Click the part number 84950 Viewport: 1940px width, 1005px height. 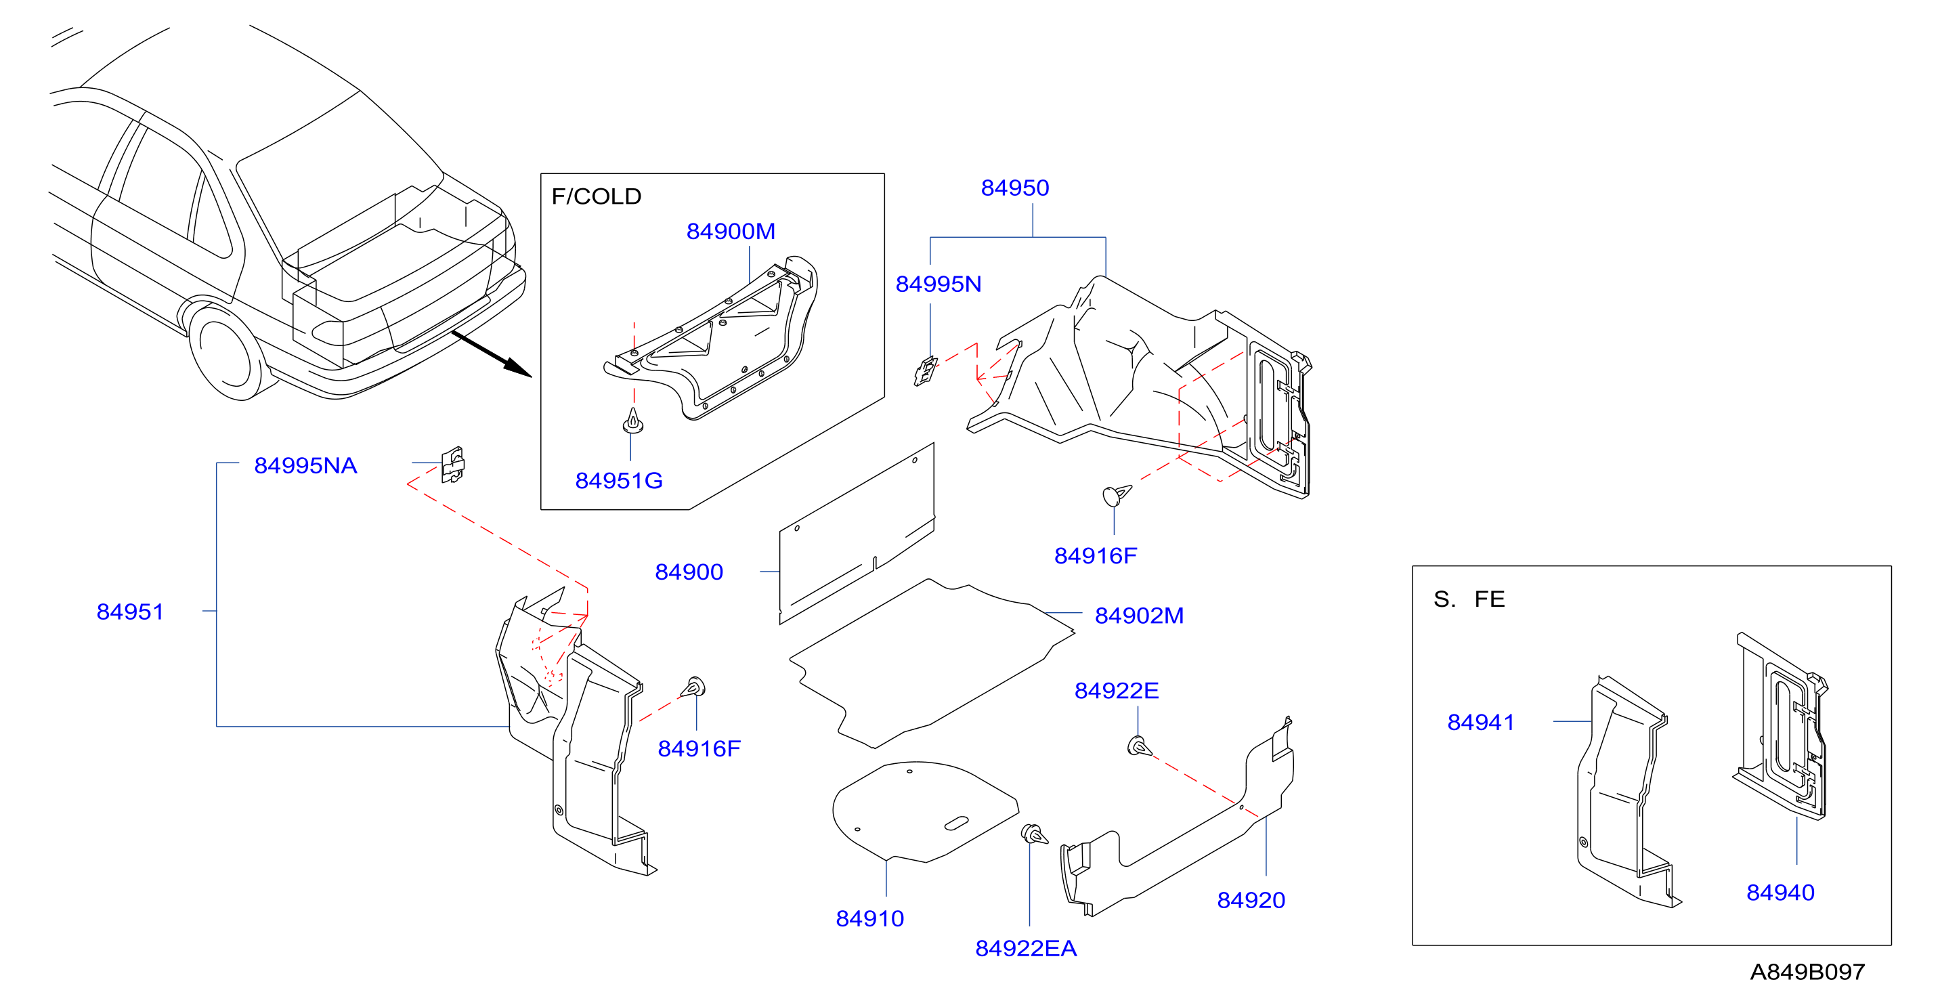(x=1014, y=188)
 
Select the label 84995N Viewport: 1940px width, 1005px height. (x=939, y=284)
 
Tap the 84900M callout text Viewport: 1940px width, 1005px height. (x=731, y=232)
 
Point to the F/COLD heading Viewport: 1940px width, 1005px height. (x=597, y=196)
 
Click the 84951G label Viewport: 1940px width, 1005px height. (x=619, y=481)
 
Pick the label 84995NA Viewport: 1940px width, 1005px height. (x=306, y=465)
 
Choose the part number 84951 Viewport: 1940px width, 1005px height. (x=130, y=612)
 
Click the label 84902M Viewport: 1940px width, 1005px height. (x=1140, y=616)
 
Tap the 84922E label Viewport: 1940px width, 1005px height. (x=1117, y=691)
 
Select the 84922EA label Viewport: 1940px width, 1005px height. (x=1027, y=949)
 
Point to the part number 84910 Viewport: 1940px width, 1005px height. (x=870, y=918)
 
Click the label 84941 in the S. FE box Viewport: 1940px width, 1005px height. (x=1481, y=723)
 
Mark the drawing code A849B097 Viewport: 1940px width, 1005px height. (x=1807, y=972)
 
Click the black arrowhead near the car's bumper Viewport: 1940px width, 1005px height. (x=517, y=367)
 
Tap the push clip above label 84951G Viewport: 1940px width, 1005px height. (x=633, y=421)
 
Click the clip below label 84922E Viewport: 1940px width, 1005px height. (x=1139, y=746)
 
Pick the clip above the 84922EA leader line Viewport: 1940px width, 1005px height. (x=1033, y=834)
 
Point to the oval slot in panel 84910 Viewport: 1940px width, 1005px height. (x=956, y=824)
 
